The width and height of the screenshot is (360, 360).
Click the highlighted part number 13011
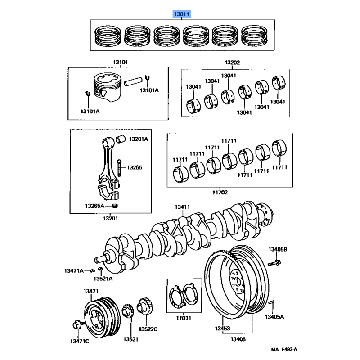pos(182,14)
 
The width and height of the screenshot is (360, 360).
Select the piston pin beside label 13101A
pos(133,81)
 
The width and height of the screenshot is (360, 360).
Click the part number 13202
pos(232,63)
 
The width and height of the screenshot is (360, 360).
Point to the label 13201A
pos(139,139)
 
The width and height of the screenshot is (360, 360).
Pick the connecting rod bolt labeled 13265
pos(119,168)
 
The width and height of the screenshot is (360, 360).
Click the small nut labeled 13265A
pos(115,206)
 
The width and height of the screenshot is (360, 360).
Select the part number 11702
pos(220,193)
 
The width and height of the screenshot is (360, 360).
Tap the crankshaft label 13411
pos(182,207)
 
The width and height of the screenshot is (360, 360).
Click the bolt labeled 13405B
pos(274,263)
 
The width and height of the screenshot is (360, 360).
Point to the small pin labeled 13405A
pos(271,302)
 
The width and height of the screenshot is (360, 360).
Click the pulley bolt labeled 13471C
pos(77,325)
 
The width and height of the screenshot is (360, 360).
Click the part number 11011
pos(184,318)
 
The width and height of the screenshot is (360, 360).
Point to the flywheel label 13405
pos(238,339)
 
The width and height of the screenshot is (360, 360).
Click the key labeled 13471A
pos(92,270)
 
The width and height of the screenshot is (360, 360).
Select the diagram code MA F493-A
pos(284,350)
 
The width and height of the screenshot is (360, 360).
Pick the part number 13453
pos(222,328)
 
